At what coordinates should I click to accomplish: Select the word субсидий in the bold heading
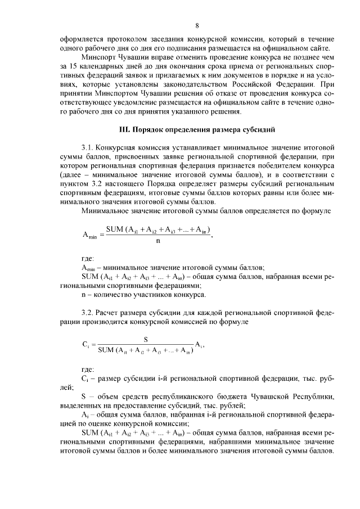(x=258, y=129)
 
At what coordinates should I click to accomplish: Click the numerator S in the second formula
(x=146, y=339)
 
